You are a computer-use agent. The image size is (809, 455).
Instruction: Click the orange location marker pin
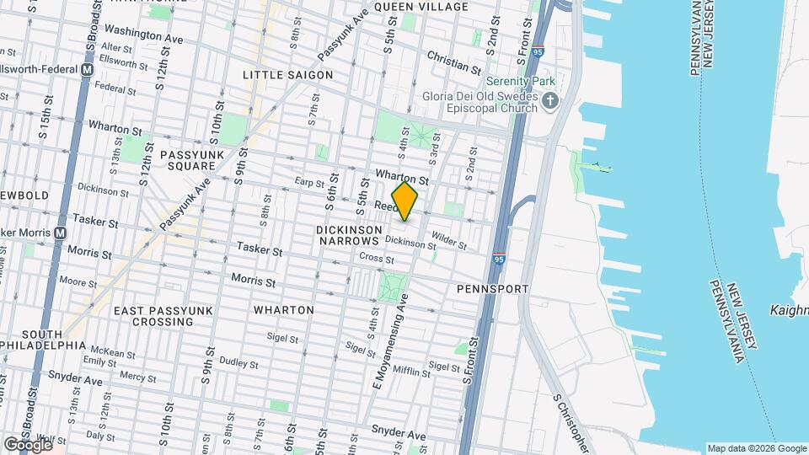[x=405, y=202]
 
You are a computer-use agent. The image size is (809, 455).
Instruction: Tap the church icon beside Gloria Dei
[x=550, y=102]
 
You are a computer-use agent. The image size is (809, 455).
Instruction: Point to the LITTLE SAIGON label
[x=287, y=75]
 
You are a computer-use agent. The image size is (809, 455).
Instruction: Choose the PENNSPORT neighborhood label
[x=492, y=289]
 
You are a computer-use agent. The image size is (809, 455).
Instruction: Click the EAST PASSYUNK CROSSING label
[x=155, y=317]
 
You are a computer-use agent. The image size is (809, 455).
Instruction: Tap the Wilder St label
[x=448, y=240]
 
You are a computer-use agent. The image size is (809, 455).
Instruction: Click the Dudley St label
[x=238, y=363]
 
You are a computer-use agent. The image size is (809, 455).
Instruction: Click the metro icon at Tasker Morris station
[x=60, y=233]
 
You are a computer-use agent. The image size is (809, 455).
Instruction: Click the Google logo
[x=28, y=444]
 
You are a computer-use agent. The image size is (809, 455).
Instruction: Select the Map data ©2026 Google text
[x=756, y=448]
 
